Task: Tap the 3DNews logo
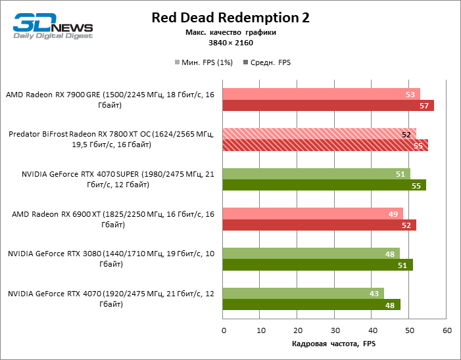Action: (53, 25)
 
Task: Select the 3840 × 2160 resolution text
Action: (231, 43)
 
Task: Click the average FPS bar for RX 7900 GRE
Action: (328, 105)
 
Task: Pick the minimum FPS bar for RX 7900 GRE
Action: (322, 94)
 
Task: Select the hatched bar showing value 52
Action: (320, 134)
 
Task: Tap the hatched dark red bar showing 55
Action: (326, 145)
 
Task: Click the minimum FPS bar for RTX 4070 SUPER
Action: (316, 173)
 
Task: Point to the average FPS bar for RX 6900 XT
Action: (320, 225)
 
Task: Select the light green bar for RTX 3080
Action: (311, 254)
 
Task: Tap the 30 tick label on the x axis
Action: (335, 330)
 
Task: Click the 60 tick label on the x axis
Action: (447, 330)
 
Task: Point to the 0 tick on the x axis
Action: (224, 330)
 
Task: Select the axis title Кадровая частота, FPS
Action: (333, 344)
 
